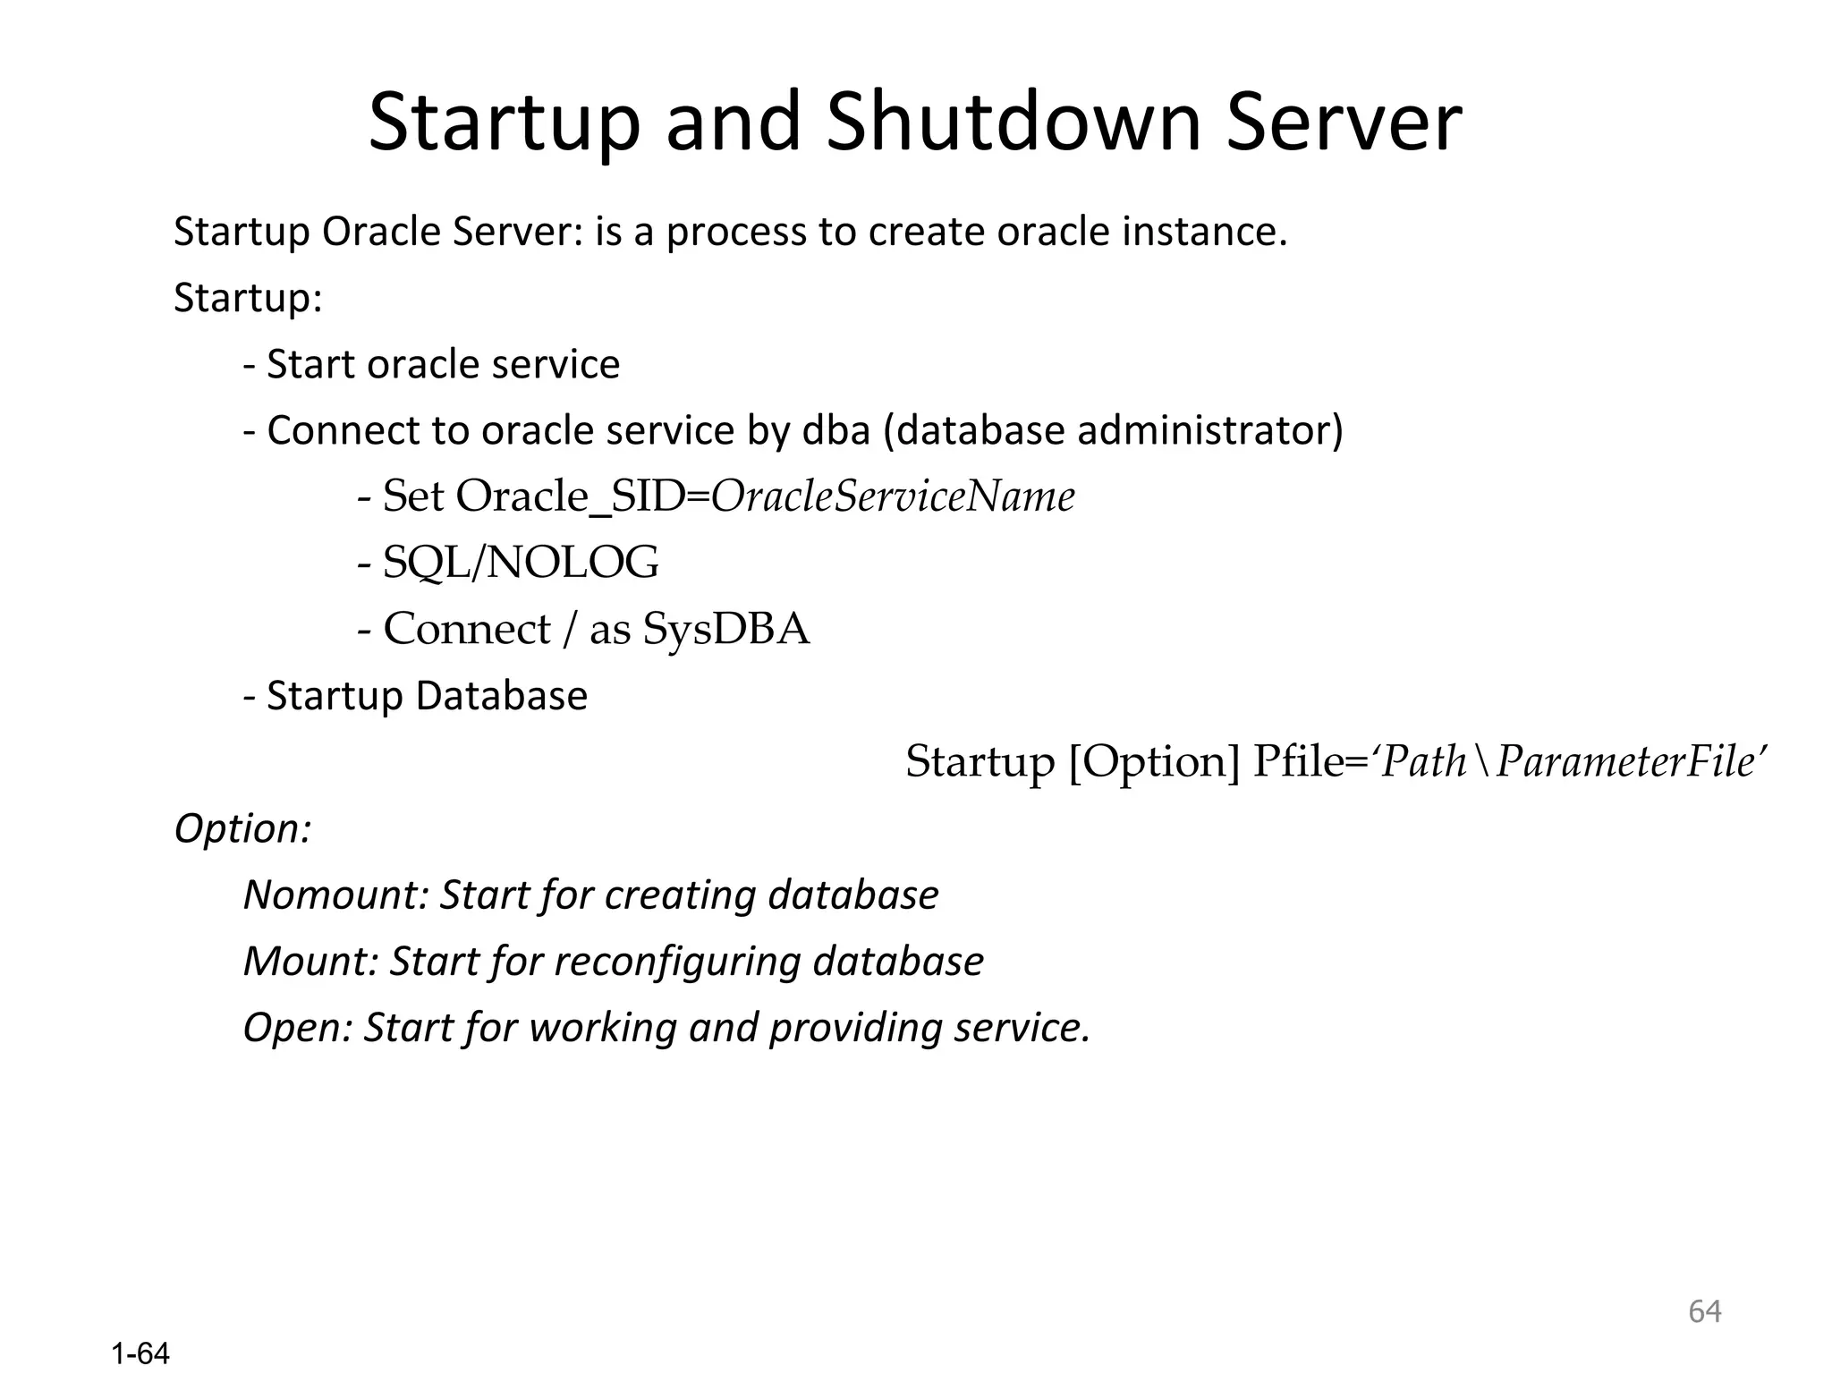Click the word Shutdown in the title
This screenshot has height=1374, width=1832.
coord(1013,123)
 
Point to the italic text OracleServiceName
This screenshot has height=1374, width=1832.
coord(893,496)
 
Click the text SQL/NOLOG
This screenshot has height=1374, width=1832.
coord(521,563)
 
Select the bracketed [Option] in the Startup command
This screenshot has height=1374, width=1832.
coord(1154,762)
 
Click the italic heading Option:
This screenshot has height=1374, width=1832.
coord(242,828)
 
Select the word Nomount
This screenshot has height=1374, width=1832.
coord(335,895)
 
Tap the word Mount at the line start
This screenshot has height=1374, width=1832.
coord(310,961)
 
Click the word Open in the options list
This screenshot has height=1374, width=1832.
coord(298,1028)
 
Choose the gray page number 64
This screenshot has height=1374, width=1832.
coord(1704,1311)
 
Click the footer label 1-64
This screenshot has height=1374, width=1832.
coord(140,1353)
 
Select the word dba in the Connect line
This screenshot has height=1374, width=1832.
coord(836,430)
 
